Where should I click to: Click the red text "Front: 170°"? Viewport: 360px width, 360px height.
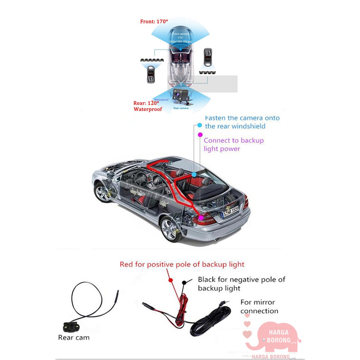point(152,21)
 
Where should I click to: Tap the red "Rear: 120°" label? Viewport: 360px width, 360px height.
point(146,103)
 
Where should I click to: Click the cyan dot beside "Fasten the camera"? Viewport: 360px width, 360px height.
point(200,125)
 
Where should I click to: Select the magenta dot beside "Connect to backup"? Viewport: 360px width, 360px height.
point(200,134)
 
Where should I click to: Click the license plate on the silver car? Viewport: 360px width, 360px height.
point(230,212)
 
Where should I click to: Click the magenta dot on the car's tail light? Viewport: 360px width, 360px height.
point(201,218)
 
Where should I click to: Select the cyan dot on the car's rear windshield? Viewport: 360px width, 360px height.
point(194,174)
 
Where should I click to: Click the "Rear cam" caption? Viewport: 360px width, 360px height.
point(74,337)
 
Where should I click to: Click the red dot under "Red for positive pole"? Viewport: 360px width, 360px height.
point(171,280)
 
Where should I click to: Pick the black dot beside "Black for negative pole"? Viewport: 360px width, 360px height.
point(184,282)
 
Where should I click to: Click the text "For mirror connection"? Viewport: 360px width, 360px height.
point(259,307)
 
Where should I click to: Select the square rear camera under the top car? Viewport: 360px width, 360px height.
point(181,95)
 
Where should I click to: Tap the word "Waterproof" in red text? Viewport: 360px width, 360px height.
point(148,109)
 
